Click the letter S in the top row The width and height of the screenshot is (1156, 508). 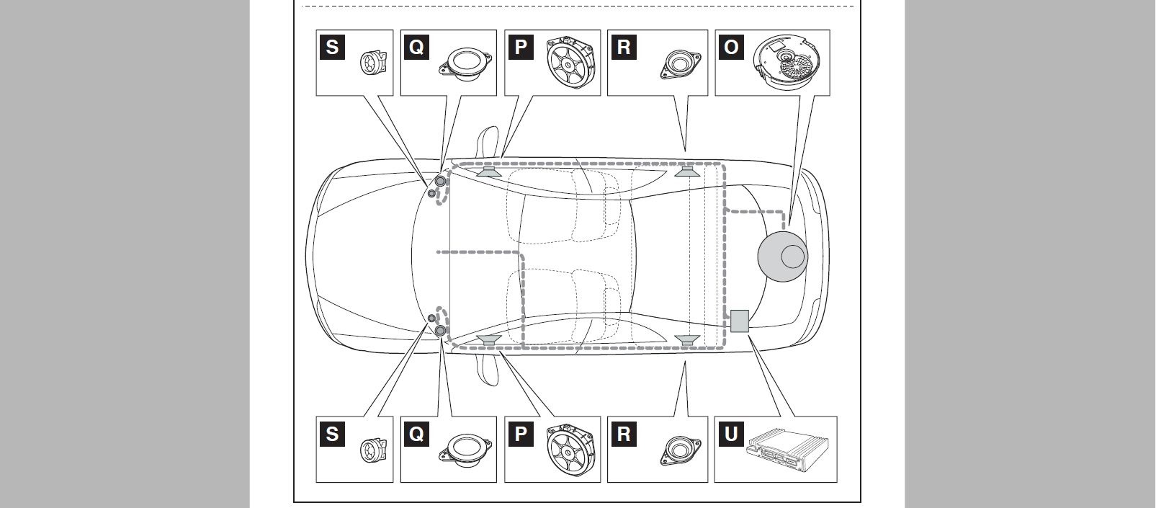click(332, 47)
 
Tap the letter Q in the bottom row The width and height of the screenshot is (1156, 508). click(416, 434)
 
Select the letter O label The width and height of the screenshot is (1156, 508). click(731, 47)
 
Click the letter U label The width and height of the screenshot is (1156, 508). click(731, 434)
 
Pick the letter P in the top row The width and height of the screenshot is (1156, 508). click(521, 47)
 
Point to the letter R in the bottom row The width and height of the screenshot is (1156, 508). click(624, 434)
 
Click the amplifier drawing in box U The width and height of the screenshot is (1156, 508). click(787, 450)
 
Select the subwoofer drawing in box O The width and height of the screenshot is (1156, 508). click(787, 62)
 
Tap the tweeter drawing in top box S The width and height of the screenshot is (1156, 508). click(373, 63)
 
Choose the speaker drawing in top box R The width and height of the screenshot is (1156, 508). click(680, 65)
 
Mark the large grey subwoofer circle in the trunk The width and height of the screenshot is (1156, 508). click(782, 257)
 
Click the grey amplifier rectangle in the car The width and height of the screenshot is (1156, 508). click(740, 321)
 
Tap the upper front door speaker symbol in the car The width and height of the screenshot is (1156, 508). click(489, 171)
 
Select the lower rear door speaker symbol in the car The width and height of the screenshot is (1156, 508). click(687, 340)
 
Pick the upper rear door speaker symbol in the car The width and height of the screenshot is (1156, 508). click(687, 171)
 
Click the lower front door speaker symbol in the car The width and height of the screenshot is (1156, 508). click(489, 340)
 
